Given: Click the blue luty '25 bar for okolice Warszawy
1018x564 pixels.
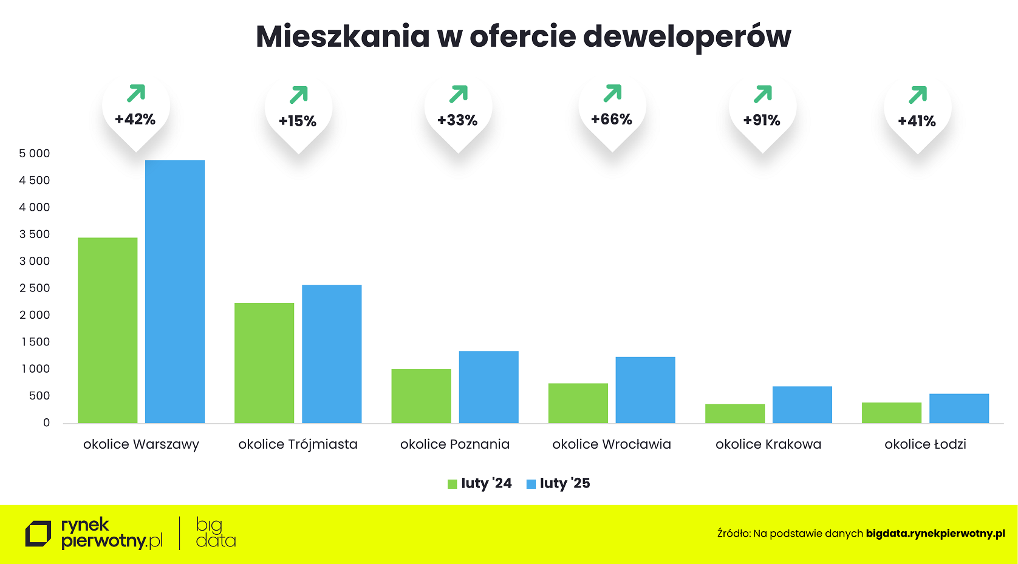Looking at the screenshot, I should click(175, 291).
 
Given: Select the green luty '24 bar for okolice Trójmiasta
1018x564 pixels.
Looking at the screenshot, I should click(264, 363).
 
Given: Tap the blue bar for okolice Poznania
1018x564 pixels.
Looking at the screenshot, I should click(488, 387).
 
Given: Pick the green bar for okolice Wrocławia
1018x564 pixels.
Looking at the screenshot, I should click(578, 403).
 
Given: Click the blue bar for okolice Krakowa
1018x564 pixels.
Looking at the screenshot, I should click(802, 405).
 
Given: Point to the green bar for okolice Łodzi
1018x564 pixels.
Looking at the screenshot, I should click(891, 413).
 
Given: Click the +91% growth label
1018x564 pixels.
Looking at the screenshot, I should click(762, 120).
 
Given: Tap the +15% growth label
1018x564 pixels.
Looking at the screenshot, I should click(298, 121).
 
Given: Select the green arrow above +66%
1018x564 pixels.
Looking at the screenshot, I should click(612, 93).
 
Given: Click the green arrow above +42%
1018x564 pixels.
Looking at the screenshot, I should click(136, 93).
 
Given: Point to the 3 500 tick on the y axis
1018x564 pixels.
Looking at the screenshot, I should click(35, 234).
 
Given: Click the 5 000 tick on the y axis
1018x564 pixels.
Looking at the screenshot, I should click(35, 154).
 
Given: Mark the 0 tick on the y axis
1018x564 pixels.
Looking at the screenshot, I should click(46, 423).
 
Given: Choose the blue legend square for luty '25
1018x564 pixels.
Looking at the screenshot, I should click(531, 484).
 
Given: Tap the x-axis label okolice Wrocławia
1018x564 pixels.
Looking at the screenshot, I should click(612, 444).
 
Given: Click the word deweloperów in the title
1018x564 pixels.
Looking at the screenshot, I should click(686, 36).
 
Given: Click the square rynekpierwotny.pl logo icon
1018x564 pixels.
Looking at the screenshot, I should click(38, 534).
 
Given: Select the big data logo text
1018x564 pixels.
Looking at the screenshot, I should click(215, 533).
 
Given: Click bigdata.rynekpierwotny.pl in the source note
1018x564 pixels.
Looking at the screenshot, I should click(935, 534).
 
